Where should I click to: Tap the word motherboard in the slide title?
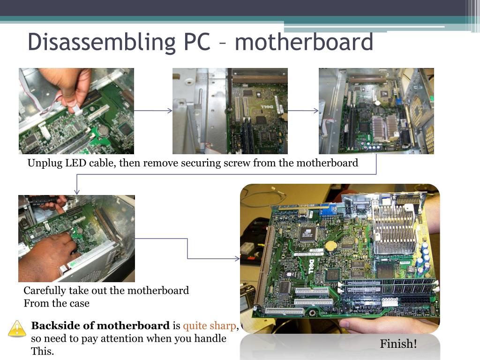(x=304, y=42)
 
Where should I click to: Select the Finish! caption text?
(x=398, y=344)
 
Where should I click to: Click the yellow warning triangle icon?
(x=17, y=329)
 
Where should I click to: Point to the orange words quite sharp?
(x=209, y=326)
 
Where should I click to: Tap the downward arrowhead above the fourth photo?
(x=77, y=192)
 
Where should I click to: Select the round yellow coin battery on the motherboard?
(x=332, y=245)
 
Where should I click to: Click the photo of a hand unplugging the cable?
(x=76, y=111)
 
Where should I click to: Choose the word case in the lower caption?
(x=79, y=303)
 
